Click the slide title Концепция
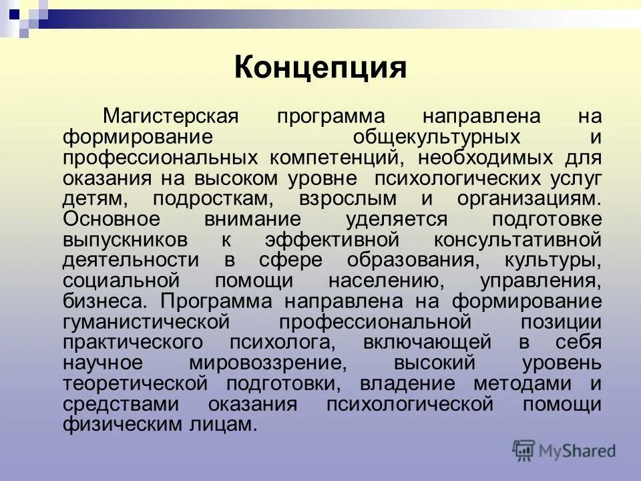tap(320, 68)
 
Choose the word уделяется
tap(396, 219)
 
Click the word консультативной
tap(518, 240)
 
